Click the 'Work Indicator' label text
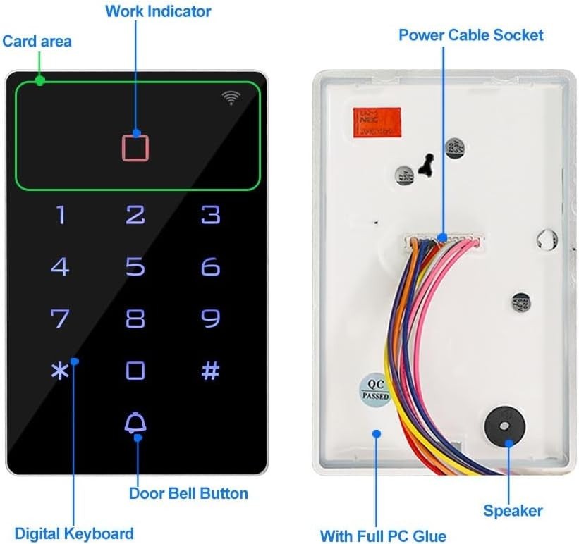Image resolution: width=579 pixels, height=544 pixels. (x=158, y=11)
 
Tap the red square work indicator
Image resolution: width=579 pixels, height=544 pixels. (x=136, y=147)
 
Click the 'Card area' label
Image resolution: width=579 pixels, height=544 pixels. (x=37, y=41)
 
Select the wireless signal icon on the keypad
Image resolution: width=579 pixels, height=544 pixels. (x=231, y=98)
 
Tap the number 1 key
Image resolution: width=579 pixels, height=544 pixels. (x=61, y=215)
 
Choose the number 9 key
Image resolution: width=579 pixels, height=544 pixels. (x=210, y=319)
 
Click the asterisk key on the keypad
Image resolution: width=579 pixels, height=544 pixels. (x=60, y=371)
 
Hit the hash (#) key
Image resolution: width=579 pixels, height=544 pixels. (x=210, y=371)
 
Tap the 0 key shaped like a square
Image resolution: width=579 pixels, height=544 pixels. (x=135, y=371)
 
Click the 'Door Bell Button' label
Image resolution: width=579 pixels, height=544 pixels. (x=188, y=493)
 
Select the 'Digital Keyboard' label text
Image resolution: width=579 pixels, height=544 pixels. (x=74, y=533)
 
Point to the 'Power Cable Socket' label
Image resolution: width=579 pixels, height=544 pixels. (x=471, y=35)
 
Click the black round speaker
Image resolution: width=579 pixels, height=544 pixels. (x=505, y=426)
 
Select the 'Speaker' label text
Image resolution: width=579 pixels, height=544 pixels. (x=513, y=511)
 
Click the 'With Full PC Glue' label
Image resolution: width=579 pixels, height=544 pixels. (x=383, y=536)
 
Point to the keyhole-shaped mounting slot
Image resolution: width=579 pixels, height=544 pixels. (x=425, y=163)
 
